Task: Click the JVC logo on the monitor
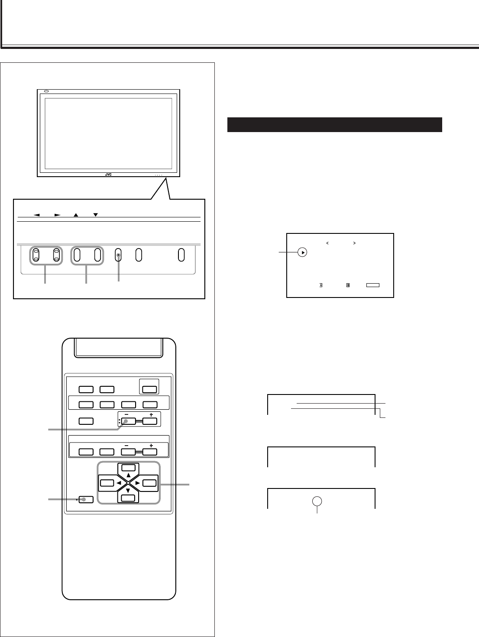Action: (108, 175)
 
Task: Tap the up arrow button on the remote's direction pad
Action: (128, 468)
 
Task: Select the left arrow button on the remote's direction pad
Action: (106, 483)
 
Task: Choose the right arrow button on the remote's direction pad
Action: (149, 483)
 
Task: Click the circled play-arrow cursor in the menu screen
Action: (302, 252)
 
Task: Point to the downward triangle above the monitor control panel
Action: (96, 214)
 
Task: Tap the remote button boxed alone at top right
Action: (149, 389)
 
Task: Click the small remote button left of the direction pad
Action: (86, 499)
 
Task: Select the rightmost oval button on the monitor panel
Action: (181, 255)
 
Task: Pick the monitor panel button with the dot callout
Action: (118, 255)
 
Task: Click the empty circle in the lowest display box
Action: (318, 501)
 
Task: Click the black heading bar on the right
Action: (334, 124)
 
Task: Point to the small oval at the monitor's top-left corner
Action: (47, 91)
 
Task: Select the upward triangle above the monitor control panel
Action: (76, 214)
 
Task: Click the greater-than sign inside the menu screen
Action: (354, 243)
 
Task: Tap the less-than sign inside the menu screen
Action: (327, 243)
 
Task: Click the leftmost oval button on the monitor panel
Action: (36, 255)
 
